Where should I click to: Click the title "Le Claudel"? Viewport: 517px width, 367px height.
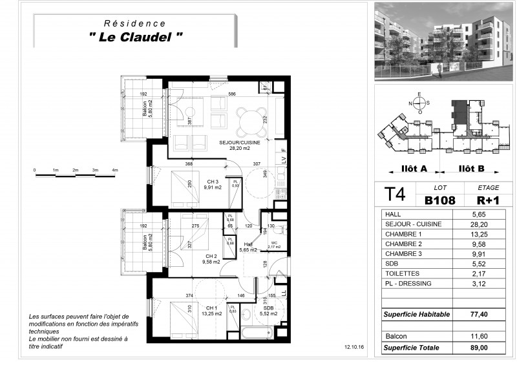(135, 37)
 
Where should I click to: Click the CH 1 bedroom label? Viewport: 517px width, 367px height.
(211, 308)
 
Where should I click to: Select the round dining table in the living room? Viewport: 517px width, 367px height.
(249, 119)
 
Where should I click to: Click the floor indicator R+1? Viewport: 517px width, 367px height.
(480, 200)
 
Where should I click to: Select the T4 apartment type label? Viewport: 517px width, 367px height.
(396, 196)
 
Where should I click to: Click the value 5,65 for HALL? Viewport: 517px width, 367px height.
(478, 215)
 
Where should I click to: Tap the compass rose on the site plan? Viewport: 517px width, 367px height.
(419, 103)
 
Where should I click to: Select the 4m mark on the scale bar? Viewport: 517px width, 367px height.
(115, 170)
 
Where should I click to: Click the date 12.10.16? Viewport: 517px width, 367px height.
(354, 347)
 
